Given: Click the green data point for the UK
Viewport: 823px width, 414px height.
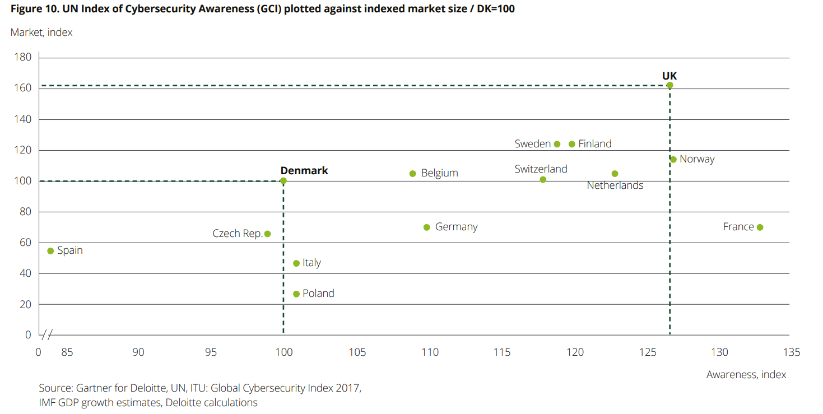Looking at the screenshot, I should [x=669, y=85].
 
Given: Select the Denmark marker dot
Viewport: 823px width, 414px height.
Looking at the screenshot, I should [x=283, y=181].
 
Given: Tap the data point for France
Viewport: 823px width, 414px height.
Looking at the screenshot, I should [x=760, y=227].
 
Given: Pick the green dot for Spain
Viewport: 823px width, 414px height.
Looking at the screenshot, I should [x=50, y=251].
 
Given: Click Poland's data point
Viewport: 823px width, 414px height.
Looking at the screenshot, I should [x=296, y=294].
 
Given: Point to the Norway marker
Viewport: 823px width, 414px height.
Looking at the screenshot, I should [x=673, y=159].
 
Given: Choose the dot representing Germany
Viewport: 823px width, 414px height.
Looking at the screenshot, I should [x=427, y=227].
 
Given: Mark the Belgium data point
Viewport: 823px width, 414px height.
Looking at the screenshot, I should [x=413, y=173].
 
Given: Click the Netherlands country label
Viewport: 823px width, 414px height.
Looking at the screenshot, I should [x=615, y=185].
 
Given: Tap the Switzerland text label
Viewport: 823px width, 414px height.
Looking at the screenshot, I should [x=541, y=169].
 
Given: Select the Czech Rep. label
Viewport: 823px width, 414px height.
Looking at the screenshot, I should [x=238, y=234].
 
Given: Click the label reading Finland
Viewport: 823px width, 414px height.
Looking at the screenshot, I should [x=594, y=144].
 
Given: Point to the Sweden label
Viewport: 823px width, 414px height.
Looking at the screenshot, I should [x=532, y=144].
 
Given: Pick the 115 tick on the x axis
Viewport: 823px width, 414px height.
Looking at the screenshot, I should [x=502, y=352].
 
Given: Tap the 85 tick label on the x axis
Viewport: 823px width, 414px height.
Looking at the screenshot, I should [x=67, y=352].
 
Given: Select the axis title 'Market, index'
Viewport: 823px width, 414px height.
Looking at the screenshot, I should [x=41, y=32].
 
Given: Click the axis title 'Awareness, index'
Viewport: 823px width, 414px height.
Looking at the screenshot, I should [x=746, y=375].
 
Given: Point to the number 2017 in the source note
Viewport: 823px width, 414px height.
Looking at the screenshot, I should [x=348, y=388].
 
